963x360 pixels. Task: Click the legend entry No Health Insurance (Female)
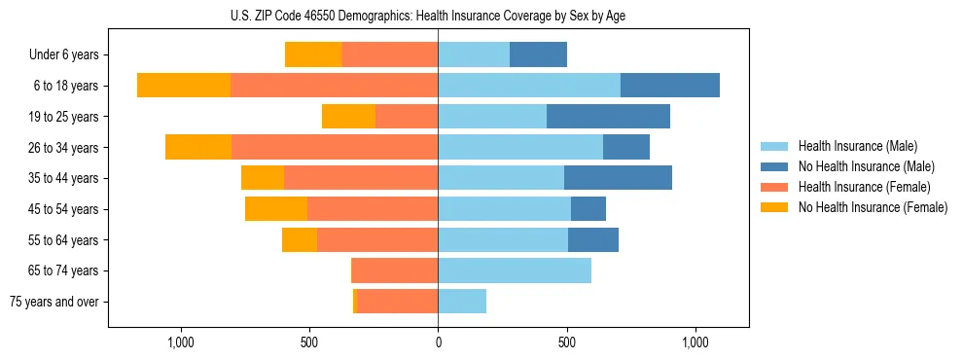[x=873, y=207]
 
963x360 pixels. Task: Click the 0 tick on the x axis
[x=438, y=342]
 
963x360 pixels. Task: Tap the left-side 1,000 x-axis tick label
[x=181, y=342]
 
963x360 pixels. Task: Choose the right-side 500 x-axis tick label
[x=567, y=342]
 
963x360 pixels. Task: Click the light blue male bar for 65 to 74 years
[x=515, y=270]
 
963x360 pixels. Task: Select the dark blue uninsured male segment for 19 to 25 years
[x=608, y=117]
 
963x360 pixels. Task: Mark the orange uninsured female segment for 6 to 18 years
[x=184, y=86]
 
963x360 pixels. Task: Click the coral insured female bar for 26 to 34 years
[x=335, y=147]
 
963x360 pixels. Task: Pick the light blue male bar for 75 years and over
[x=462, y=302]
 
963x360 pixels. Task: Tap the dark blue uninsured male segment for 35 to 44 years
[x=618, y=178]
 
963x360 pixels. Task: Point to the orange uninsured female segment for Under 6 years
[x=313, y=55]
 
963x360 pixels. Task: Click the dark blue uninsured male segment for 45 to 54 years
[x=588, y=209]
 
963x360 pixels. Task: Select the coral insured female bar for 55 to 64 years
[x=377, y=239]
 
